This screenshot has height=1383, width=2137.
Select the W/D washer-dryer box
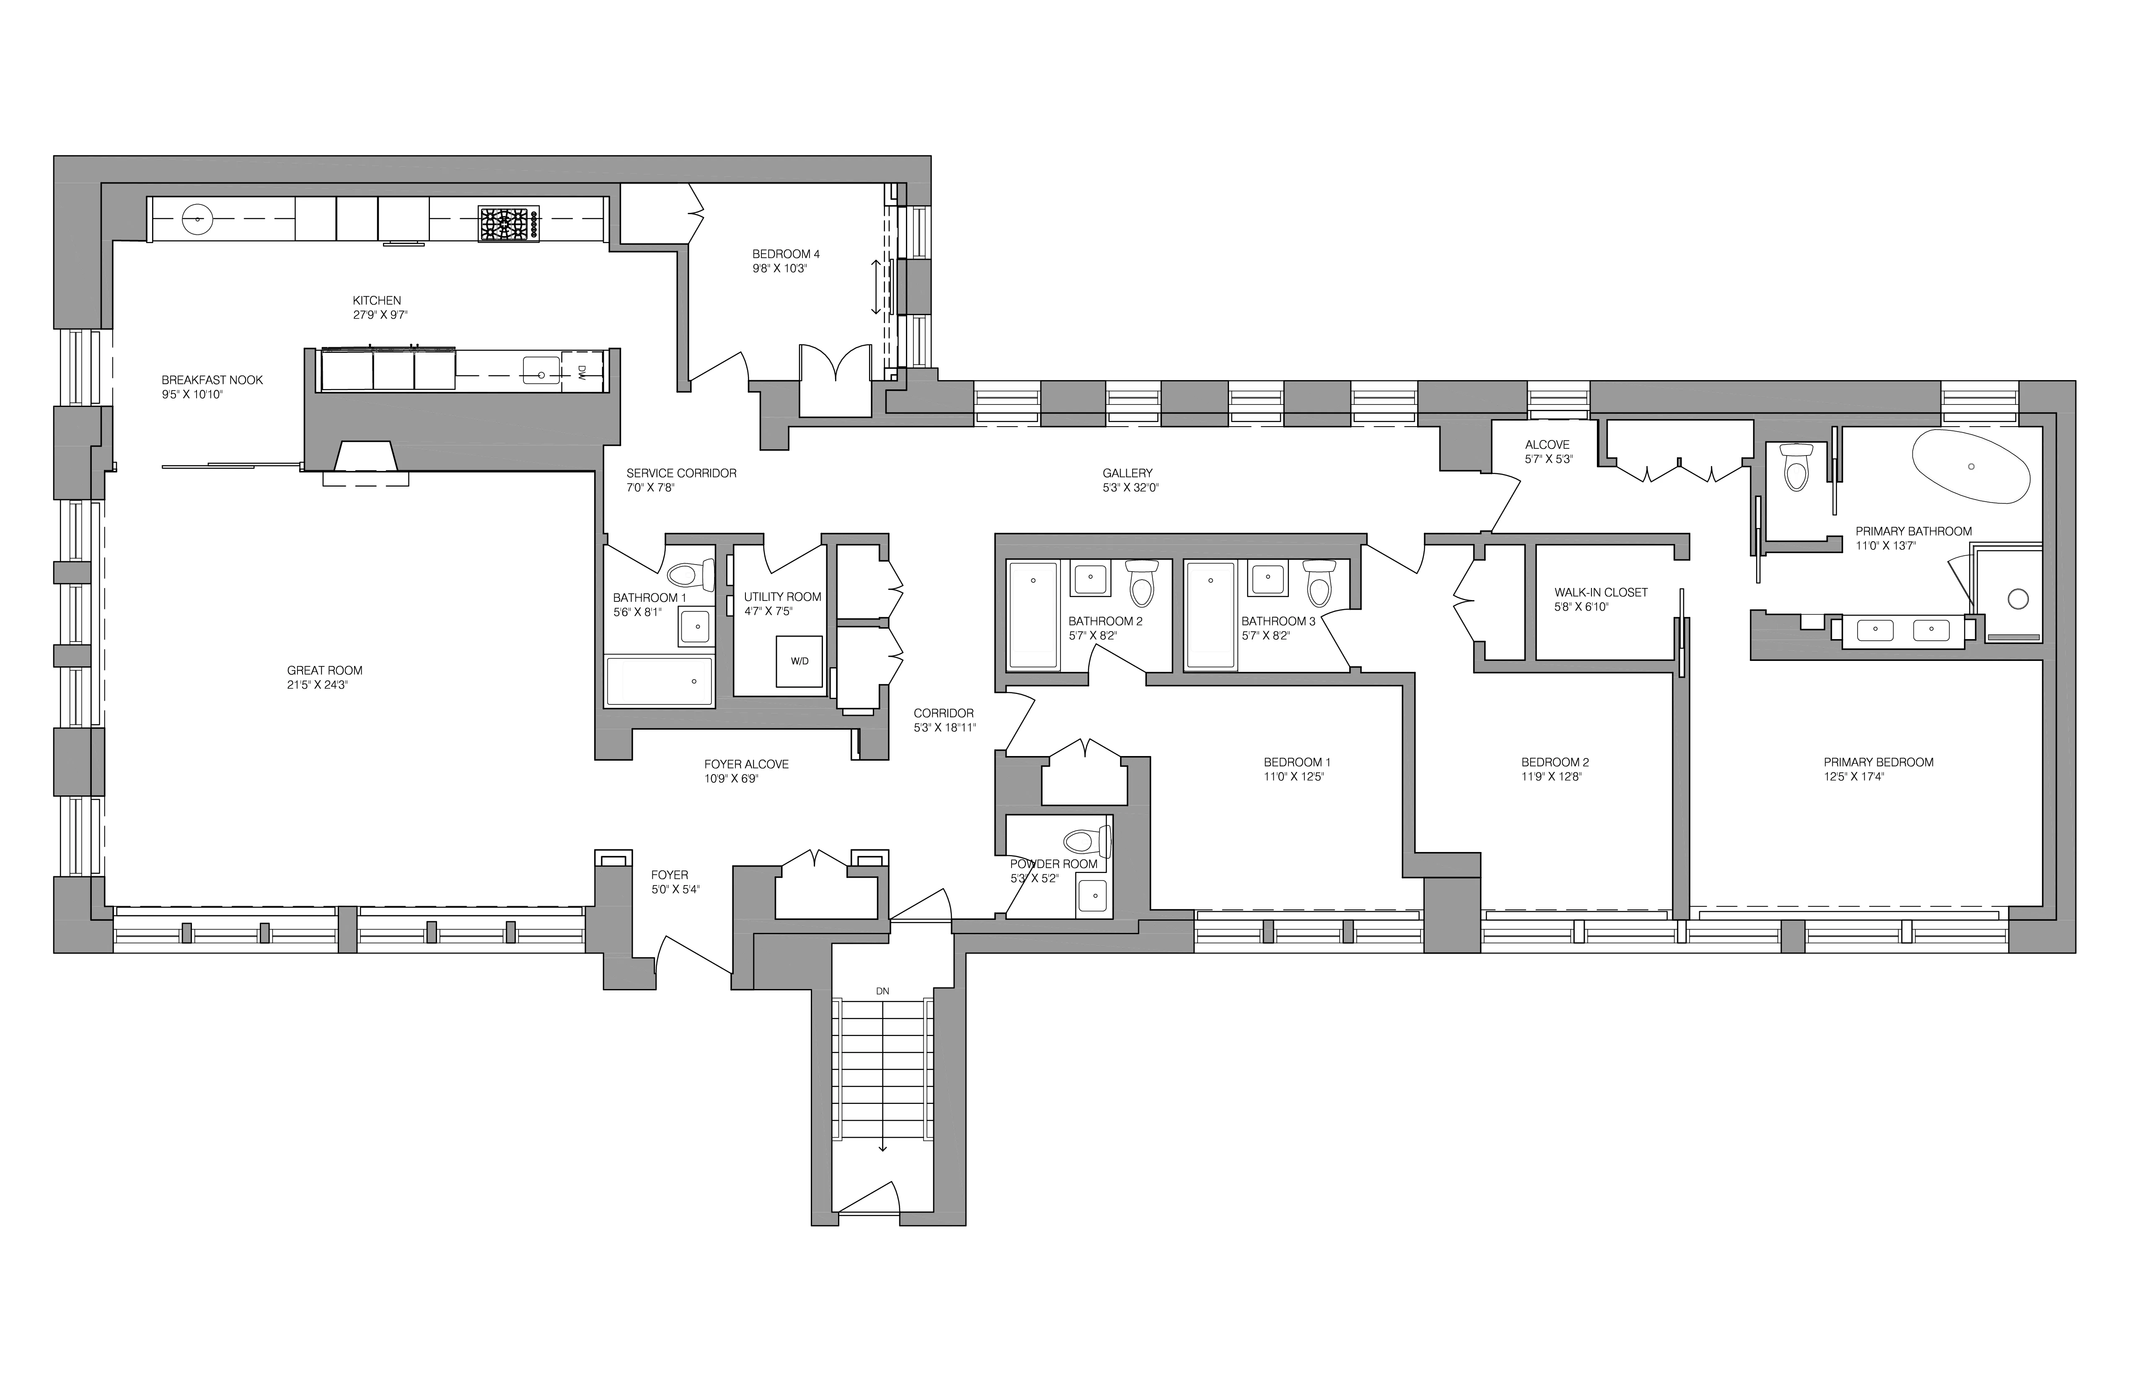[x=799, y=661]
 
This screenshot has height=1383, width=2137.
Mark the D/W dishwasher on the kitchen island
[x=581, y=372]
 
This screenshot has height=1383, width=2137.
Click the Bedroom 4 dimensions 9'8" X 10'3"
[x=780, y=269]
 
